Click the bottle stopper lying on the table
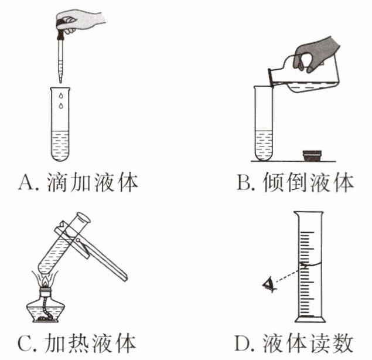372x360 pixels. [x=312, y=155]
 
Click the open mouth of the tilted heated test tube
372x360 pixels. [x=83, y=219]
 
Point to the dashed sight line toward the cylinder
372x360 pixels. [x=287, y=276]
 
